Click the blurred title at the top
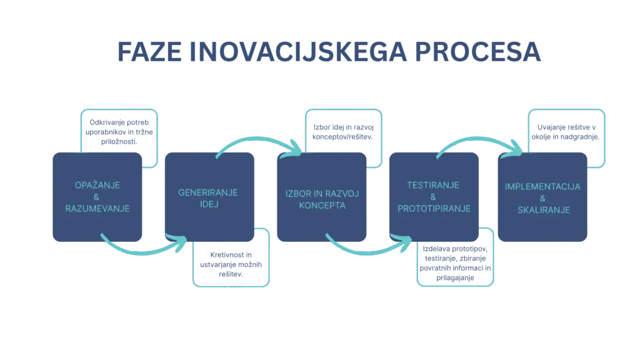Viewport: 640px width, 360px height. click(x=329, y=54)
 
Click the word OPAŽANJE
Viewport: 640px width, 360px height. click(x=97, y=186)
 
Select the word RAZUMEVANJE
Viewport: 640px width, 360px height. click(x=97, y=208)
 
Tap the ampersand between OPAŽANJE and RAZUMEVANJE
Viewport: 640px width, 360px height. click(x=97, y=197)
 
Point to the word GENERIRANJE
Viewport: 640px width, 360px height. click(x=207, y=192)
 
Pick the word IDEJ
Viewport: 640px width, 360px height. click(x=207, y=204)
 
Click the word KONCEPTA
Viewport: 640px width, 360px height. click(x=322, y=205)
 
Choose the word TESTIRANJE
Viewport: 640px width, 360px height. click(x=433, y=186)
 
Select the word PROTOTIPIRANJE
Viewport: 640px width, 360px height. click(x=434, y=208)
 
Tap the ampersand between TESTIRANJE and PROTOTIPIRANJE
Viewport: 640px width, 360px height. click(x=433, y=197)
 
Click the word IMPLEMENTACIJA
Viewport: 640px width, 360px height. click(x=542, y=187)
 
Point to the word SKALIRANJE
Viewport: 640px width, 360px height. click(x=543, y=210)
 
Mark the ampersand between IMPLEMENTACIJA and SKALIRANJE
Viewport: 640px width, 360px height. click(x=542, y=199)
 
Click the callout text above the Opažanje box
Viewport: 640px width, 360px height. click(x=119, y=130)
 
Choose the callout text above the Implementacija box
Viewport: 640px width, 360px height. click(x=566, y=132)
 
